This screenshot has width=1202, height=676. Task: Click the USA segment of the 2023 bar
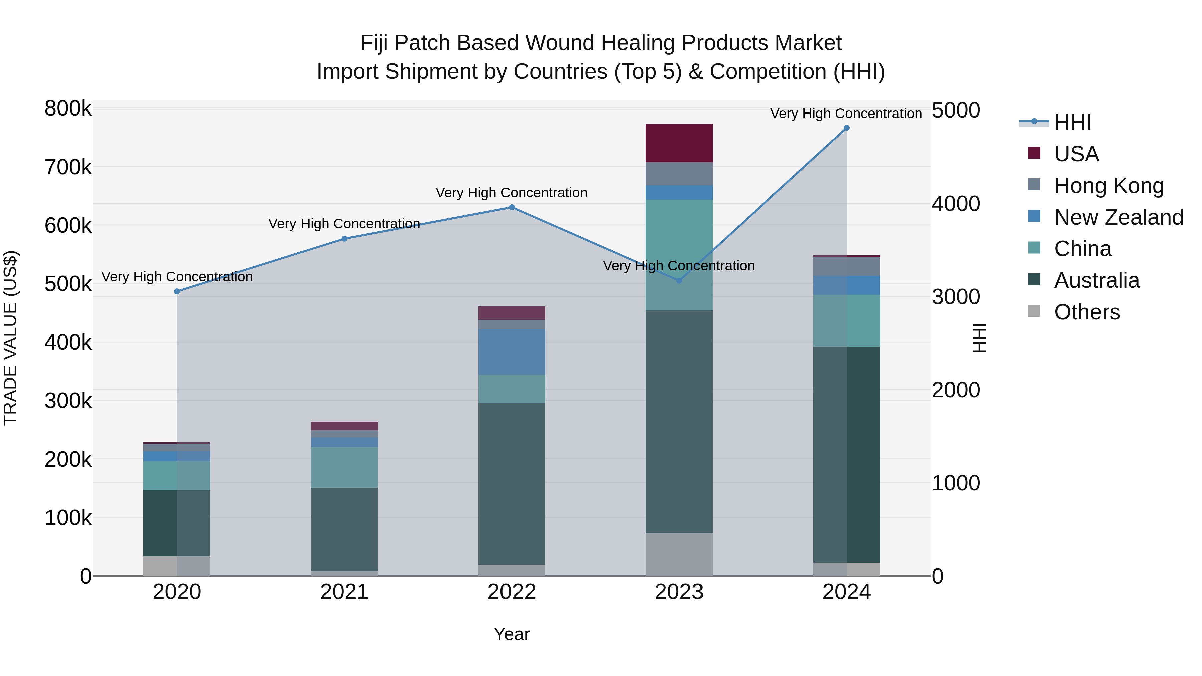coord(679,143)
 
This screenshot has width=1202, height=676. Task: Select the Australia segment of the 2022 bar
coord(512,483)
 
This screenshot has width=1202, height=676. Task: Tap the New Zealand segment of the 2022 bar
coord(512,352)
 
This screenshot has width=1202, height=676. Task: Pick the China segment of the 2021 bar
coord(344,467)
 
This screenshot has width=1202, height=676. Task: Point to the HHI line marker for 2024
coord(846,128)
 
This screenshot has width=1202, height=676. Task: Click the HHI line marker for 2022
coord(512,208)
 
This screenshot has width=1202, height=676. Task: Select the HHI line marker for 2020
coord(177,291)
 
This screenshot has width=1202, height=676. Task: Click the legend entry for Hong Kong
coord(1109,185)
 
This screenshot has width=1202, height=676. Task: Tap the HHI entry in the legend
coord(1072,122)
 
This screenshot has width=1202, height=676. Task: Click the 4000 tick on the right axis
coord(955,204)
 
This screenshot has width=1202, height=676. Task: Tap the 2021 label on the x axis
coord(344,592)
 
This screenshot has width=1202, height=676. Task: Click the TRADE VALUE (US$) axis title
coord(10,338)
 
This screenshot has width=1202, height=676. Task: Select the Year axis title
coord(512,634)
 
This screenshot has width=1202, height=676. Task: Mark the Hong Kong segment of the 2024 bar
coord(846,266)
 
